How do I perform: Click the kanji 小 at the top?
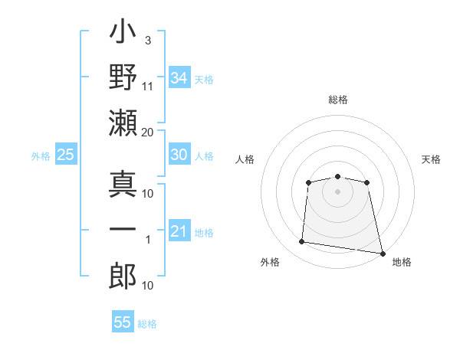tap(123, 31)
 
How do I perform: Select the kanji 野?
tap(123, 77)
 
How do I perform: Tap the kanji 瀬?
tap(123, 123)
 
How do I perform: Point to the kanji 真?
tap(123, 184)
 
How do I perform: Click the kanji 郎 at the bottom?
tap(123, 276)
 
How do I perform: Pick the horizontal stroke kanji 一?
tap(123, 229)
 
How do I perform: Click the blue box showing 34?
tap(179, 77)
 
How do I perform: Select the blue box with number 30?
tap(179, 154)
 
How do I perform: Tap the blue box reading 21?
tap(179, 230)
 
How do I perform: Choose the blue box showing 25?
tap(66, 154)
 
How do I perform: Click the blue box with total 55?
tap(123, 321)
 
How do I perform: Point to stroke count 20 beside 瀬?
tap(147, 133)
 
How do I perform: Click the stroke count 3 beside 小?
tap(148, 41)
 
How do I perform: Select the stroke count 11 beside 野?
tap(147, 87)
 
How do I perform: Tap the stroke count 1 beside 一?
tap(148, 240)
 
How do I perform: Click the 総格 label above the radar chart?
tap(338, 100)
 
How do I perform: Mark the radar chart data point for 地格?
tap(383, 254)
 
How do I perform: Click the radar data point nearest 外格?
tap(301, 241)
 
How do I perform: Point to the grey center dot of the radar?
tap(337, 191)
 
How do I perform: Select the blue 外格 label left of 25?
tap(41, 156)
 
